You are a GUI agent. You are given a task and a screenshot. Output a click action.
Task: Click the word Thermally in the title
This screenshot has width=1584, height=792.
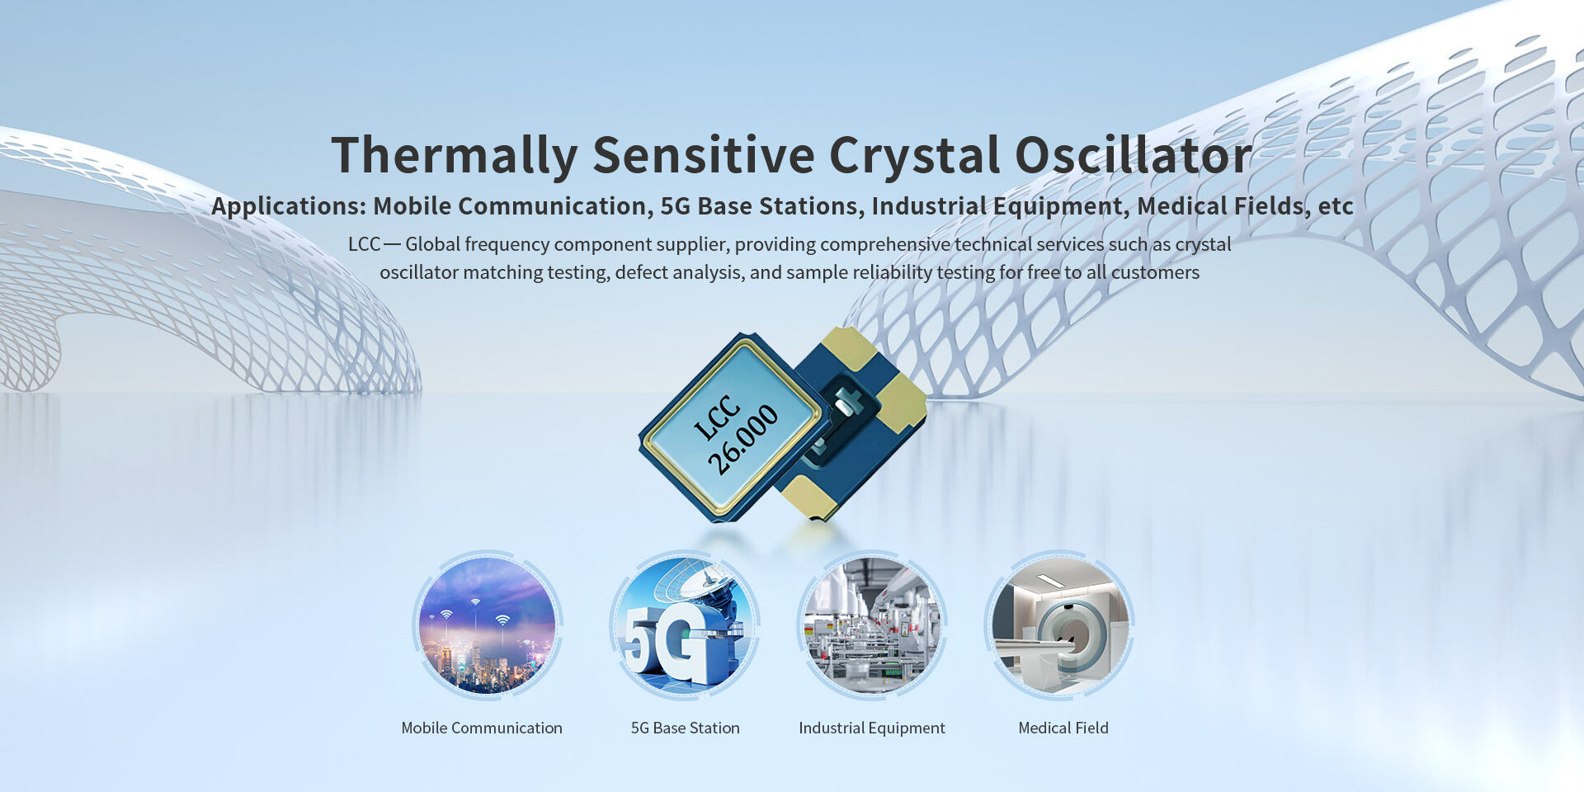pyautogui.click(x=455, y=155)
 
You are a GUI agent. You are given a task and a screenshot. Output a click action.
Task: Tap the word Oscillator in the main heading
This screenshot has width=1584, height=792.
pyautogui.click(x=1133, y=154)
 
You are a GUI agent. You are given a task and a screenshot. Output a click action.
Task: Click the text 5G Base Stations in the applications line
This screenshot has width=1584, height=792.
pyautogui.click(x=759, y=205)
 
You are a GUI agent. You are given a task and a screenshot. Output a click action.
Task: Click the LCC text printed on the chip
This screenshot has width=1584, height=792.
pyautogui.click(x=716, y=417)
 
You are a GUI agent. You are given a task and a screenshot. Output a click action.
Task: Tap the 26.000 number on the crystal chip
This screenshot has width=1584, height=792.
pyautogui.click(x=742, y=440)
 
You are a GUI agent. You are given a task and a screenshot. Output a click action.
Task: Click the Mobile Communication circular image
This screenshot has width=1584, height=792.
pyautogui.click(x=487, y=625)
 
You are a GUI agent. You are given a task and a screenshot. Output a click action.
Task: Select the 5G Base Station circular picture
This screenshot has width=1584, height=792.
pyautogui.click(x=685, y=625)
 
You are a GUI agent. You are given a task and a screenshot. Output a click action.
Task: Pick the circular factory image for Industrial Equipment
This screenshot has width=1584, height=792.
pyautogui.click(x=872, y=625)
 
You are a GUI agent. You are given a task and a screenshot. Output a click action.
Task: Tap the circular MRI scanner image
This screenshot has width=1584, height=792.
pyautogui.click(x=1060, y=625)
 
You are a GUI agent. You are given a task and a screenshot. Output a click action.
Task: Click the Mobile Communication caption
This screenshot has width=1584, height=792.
pyautogui.click(x=482, y=728)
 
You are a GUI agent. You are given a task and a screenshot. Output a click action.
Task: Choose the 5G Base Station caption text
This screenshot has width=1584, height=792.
pyautogui.click(x=685, y=728)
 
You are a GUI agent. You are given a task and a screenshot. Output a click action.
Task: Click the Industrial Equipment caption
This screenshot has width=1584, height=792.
pyautogui.click(x=872, y=728)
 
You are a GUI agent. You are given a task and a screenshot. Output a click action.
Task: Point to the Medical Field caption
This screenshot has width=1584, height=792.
pyautogui.click(x=1063, y=728)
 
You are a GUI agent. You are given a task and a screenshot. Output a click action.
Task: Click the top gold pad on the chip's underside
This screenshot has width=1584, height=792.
pyautogui.click(x=850, y=347)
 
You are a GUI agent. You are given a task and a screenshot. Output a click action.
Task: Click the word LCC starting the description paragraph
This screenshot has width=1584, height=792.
pyautogui.click(x=364, y=244)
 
